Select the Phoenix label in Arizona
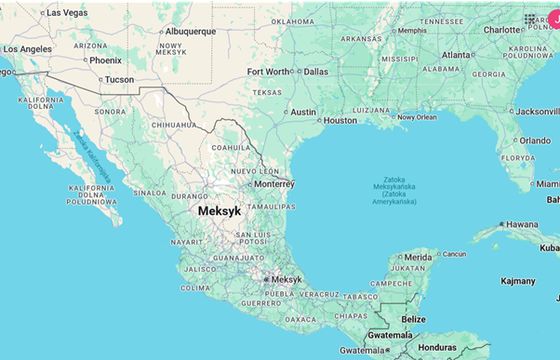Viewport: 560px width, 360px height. tap(105, 60)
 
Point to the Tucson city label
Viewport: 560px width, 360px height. tap(119, 79)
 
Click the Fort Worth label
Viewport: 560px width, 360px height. tap(269, 72)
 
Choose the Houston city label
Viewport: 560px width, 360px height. tap(340, 120)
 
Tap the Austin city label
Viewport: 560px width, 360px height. tap(303, 112)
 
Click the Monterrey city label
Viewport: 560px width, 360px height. tap(273, 184)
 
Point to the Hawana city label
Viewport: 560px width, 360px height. tap(520, 224)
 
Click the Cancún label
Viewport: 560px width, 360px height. tap(454, 254)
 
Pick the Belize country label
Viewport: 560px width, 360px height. tap(413, 319)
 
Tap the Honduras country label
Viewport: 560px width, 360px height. tap(438, 347)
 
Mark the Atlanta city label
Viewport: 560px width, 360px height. tap(457, 55)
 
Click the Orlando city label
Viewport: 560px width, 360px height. tap(534, 141)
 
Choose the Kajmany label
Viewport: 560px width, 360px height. tap(518, 281)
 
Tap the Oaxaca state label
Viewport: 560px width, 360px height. tap(300, 319)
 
